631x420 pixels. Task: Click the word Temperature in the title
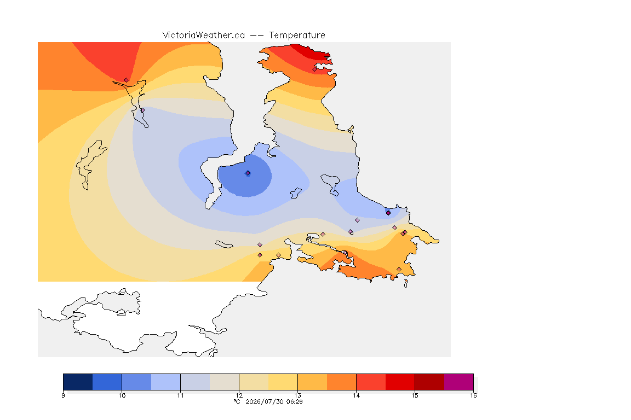click(297, 36)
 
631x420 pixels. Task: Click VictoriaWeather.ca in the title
click(204, 36)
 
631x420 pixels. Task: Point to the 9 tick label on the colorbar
click(63, 395)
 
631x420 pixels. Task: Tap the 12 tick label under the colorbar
click(239, 395)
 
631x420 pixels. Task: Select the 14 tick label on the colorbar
click(356, 395)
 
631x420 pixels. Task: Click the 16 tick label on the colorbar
click(473, 395)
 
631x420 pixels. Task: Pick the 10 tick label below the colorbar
click(122, 395)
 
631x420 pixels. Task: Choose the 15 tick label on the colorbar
click(415, 395)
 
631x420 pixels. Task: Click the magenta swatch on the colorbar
click(459, 382)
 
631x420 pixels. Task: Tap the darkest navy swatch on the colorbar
click(78, 382)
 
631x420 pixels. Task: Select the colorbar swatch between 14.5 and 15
click(400, 382)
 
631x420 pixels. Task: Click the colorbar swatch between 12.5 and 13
click(283, 382)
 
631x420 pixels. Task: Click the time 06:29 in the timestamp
click(294, 401)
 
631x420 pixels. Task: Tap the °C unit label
click(237, 401)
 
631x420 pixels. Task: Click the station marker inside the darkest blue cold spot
click(248, 173)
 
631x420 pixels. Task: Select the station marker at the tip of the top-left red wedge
click(127, 80)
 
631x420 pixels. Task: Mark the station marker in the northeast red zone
click(315, 69)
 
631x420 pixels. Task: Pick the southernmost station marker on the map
click(399, 269)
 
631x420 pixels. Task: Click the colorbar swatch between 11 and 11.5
click(195, 382)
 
